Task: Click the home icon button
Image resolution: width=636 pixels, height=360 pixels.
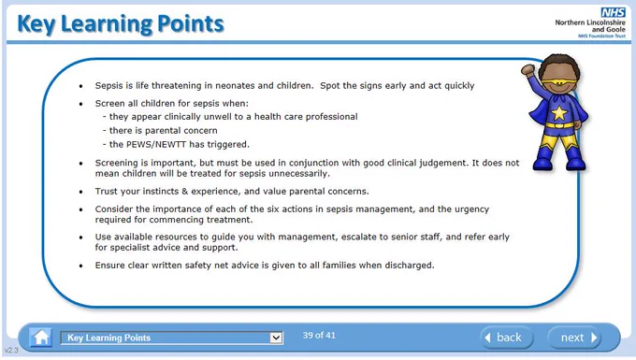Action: pos(41,338)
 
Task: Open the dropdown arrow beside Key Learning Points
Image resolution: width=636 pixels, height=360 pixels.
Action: pos(276,338)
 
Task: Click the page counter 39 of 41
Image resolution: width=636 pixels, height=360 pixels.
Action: pos(319,336)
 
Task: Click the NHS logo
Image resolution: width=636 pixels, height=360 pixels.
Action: pos(613,12)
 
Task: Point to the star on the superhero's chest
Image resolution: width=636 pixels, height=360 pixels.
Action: pos(559,113)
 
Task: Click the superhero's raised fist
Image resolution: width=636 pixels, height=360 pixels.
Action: pos(528,70)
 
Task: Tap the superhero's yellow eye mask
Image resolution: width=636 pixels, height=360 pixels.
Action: pos(559,83)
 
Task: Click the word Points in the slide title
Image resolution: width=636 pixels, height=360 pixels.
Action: pos(190,24)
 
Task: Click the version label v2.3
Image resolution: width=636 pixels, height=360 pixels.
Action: pos(11,350)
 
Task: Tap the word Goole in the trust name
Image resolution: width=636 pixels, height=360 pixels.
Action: pos(615,30)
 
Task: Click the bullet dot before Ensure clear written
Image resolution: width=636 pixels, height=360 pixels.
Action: pos(81,266)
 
